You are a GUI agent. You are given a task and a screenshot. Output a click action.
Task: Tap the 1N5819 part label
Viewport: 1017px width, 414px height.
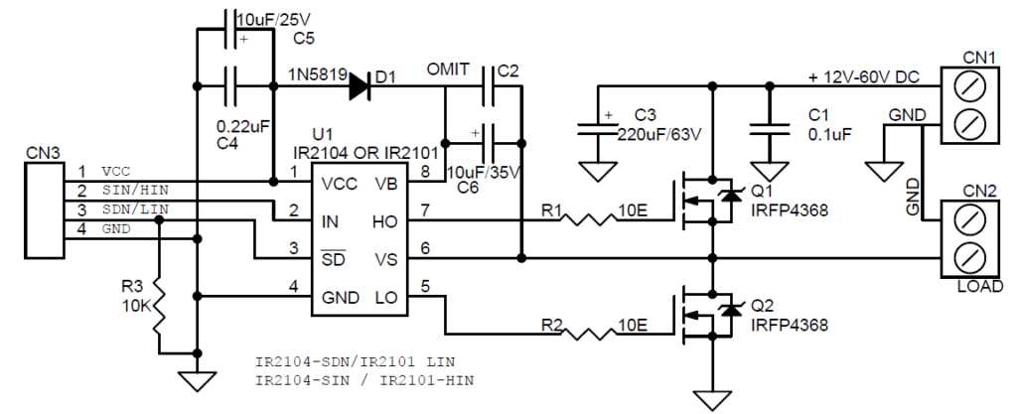tap(316, 74)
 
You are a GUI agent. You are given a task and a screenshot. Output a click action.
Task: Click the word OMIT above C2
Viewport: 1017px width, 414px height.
tap(449, 70)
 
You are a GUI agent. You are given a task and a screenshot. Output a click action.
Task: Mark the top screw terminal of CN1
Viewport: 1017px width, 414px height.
tap(968, 86)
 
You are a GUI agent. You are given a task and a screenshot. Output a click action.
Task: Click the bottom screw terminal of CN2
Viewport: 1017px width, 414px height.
tap(968, 258)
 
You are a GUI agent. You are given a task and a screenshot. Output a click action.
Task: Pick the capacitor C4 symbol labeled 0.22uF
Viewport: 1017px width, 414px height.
tap(233, 87)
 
